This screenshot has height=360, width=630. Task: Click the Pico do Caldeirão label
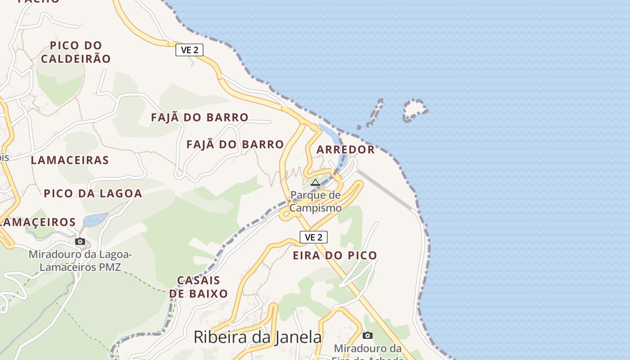[x=76, y=52]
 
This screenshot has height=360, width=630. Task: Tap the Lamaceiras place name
[x=70, y=160]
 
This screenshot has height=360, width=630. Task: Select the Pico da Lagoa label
[x=93, y=193]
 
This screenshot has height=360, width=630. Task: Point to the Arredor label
[x=346, y=149]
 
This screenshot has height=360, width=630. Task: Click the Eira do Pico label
[x=335, y=255]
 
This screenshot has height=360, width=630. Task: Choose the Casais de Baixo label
[x=198, y=287]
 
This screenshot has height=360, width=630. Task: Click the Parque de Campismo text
[x=315, y=201]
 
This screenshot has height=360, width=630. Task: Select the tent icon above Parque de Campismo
[x=315, y=182]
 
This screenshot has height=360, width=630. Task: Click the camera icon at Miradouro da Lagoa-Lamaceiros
[x=80, y=242]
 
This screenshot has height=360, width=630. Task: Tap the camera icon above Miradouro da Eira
[x=368, y=335]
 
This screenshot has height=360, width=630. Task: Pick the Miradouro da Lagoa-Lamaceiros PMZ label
[x=80, y=261]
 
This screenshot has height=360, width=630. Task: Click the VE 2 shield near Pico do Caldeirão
[x=189, y=50]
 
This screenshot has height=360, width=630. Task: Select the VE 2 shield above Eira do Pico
[x=313, y=237]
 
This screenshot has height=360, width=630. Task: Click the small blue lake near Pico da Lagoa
[x=95, y=220]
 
